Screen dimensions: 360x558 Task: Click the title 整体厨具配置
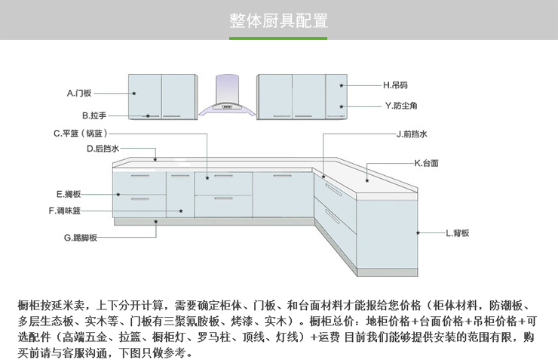pos(278,20)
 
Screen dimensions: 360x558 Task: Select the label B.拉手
pos(94,115)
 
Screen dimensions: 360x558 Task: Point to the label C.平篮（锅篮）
pos(84,134)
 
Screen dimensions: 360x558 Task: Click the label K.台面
pos(426,162)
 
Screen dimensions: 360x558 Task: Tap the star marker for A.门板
pos(133,93)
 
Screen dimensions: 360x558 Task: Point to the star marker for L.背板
pos(418,233)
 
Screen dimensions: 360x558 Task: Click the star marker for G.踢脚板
pos(156,222)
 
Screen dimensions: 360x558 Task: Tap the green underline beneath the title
pos(278,38)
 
